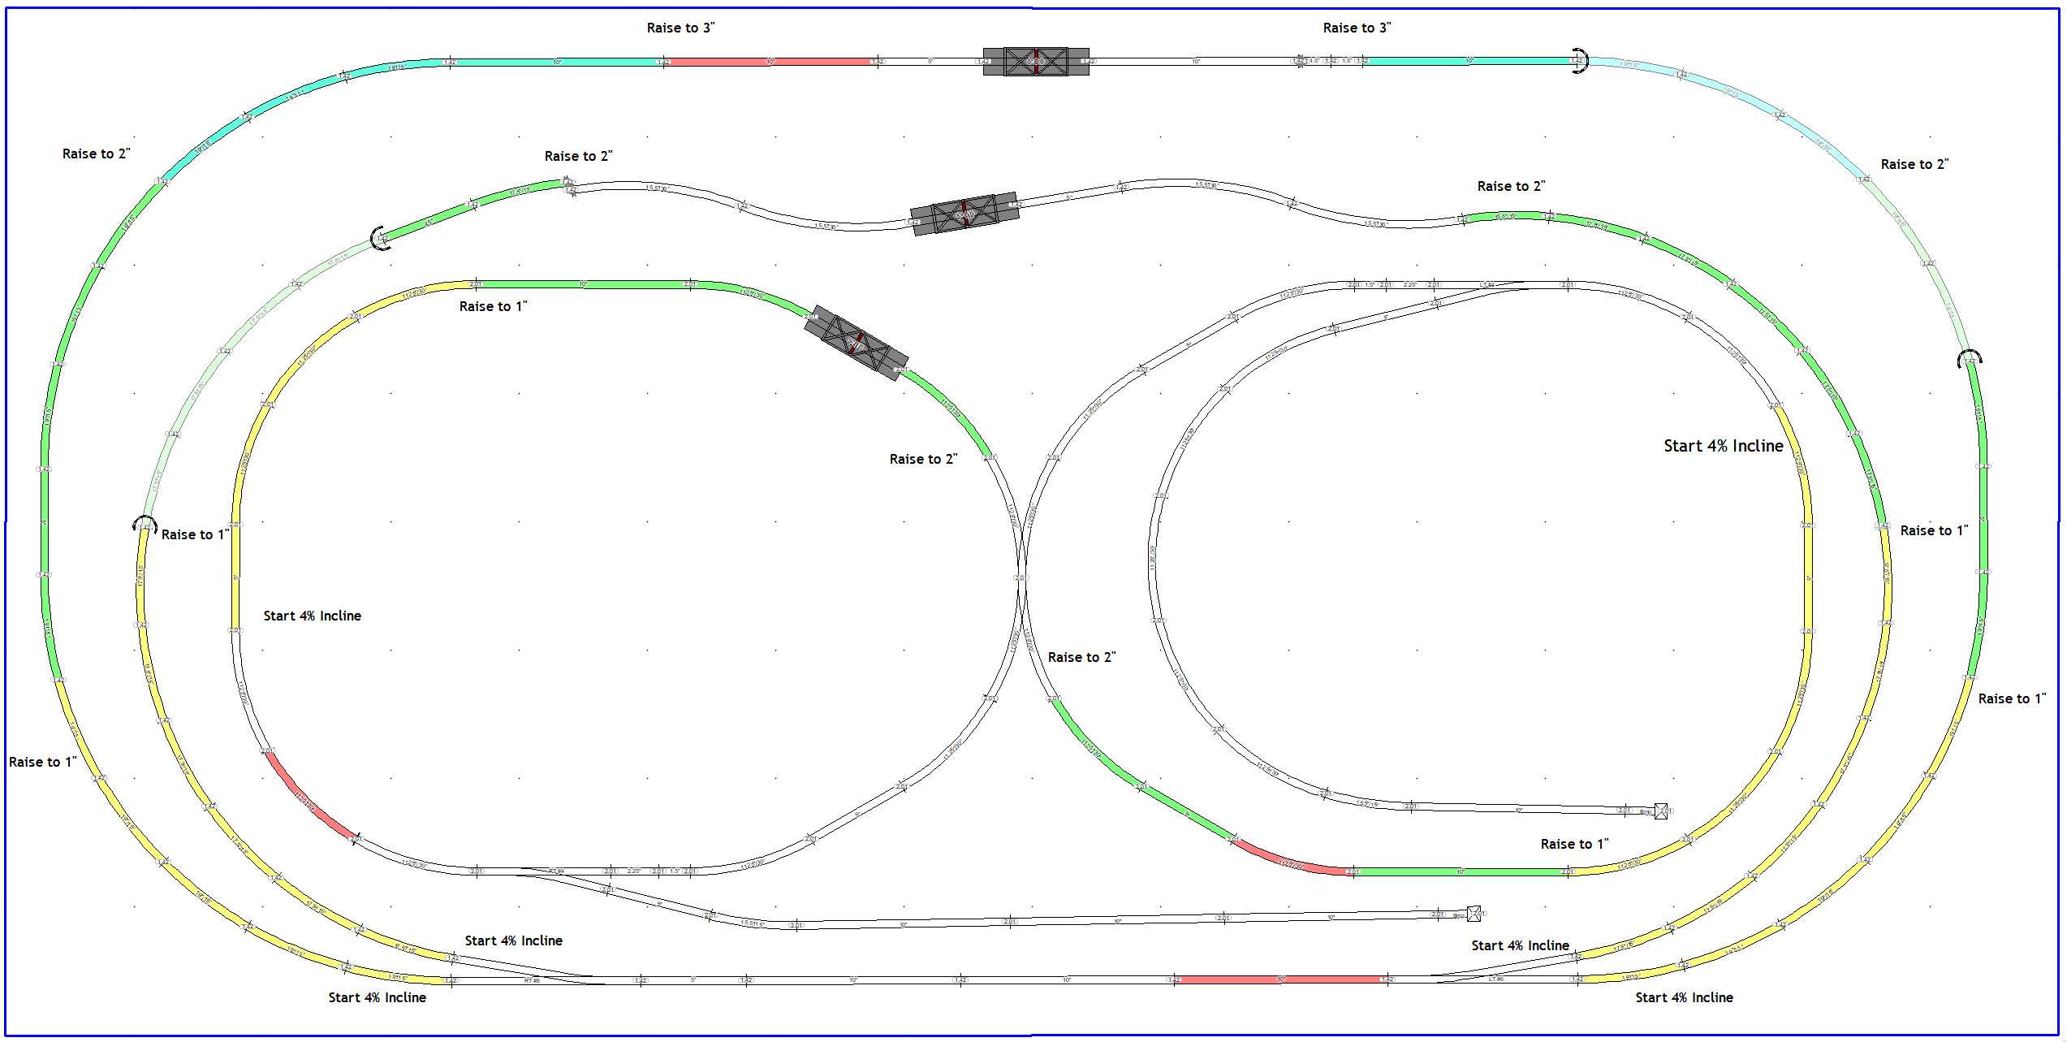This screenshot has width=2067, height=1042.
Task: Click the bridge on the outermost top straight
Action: click(x=1035, y=61)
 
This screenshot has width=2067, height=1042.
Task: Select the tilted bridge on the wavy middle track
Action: click(x=964, y=214)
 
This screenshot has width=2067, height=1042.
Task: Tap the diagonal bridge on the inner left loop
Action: click(x=856, y=342)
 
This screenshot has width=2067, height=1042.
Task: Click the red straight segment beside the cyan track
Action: click(x=770, y=62)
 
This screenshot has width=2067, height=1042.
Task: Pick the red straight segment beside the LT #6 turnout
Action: click(x=1281, y=979)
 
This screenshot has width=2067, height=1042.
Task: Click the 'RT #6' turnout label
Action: click(x=532, y=981)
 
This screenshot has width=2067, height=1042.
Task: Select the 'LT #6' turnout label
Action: click(x=1495, y=979)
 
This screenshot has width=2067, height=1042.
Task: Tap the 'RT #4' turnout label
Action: click(x=556, y=871)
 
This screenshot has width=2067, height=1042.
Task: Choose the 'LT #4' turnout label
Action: click(x=1486, y=285)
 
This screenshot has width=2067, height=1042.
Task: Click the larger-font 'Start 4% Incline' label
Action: click(x=1723, y=446)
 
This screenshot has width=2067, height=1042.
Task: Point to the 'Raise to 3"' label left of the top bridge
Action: click(x=680, y=28)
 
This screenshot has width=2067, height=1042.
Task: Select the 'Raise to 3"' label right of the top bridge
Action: click(x=1357, y=28)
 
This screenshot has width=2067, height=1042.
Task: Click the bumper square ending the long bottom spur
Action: click(x=1474, y=914)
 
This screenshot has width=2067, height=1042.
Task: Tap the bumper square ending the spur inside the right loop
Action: click(x=1661, y=811)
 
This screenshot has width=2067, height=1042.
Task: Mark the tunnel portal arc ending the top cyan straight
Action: click(x=1580, y=61)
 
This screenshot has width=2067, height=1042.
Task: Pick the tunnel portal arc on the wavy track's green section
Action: click(x=378, y=239)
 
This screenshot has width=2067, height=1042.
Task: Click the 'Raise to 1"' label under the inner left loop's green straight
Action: click(x=493, y=307)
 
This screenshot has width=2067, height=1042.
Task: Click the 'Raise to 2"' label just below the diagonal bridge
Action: click(x=923, y=460)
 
